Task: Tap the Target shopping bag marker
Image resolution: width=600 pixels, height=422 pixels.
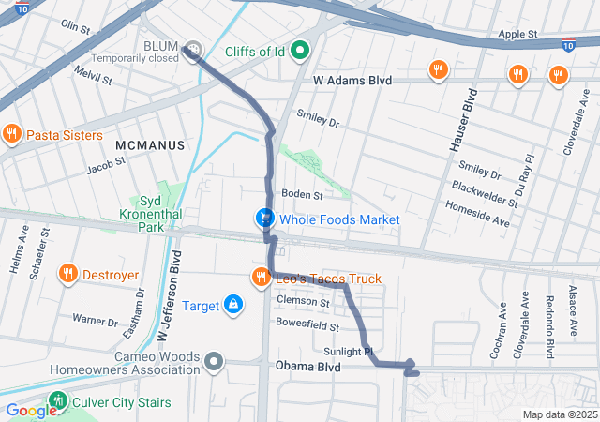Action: [x=232, y=305]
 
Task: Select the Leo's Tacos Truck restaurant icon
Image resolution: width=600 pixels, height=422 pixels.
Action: [x=260, y=279]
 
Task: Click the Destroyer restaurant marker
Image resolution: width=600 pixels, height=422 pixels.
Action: [x=67, y=275]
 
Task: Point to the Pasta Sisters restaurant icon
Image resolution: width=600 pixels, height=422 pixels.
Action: [x=12, y=135]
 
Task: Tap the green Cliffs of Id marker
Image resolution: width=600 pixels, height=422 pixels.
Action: [x=301, y=51]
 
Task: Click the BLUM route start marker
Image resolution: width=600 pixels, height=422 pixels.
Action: [x=192, y=49]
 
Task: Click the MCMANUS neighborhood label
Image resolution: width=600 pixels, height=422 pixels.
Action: [x=146, y=145]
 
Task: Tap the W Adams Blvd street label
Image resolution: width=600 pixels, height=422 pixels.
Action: [x=352, y=82]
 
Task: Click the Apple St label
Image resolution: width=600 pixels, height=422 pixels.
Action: [x=517, y=34]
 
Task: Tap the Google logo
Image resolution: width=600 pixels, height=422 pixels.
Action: [x=30, y=410]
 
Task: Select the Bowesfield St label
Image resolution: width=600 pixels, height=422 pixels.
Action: [x=307, y=325]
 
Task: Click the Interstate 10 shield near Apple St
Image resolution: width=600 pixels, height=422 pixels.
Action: [x=568, y=44]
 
